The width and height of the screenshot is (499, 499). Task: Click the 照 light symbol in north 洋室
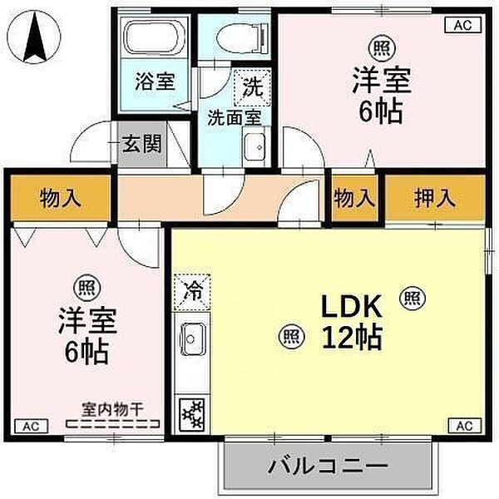coord(382,47)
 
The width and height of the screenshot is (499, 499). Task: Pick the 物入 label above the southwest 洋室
coord(61,199)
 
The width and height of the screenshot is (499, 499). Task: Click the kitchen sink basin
coord(191,340)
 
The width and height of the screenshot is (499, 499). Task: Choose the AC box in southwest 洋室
coord(31,426)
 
